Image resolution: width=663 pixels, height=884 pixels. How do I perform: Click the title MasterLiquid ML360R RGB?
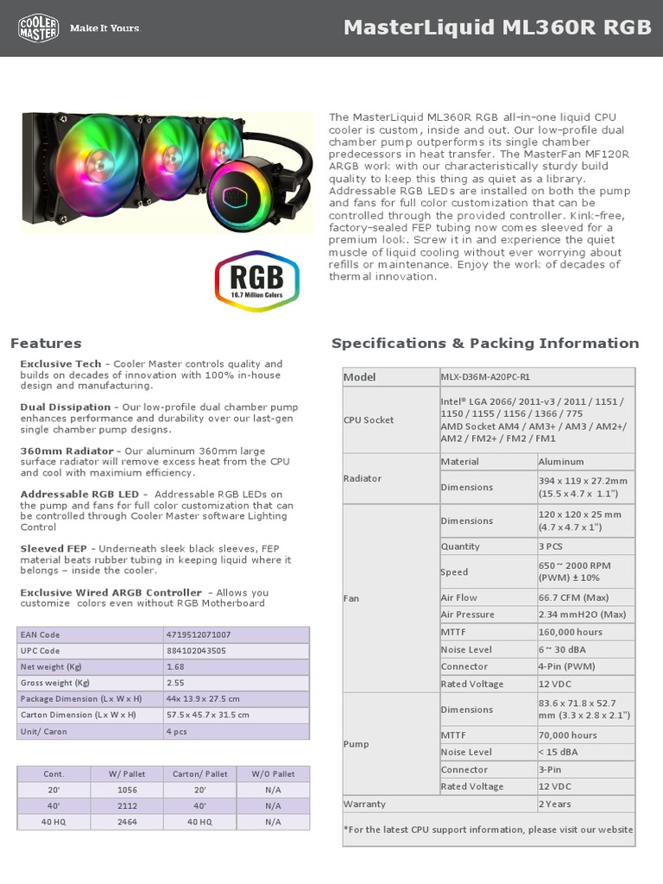(x=497, y=28)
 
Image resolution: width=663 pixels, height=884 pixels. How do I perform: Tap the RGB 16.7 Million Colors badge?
(x=256, y=281)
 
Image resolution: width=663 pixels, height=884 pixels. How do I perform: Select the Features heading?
(x=46, y=344)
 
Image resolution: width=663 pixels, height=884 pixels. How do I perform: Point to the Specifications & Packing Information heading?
(x=485, y=344)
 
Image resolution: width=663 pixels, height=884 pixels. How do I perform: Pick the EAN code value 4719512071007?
(x=198, y=635)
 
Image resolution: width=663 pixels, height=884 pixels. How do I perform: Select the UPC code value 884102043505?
(x=196, y=651)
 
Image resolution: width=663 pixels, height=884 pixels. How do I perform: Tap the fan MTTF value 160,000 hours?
(x=570, y=632)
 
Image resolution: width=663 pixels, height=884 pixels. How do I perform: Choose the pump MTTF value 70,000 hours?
(x=567, y=735)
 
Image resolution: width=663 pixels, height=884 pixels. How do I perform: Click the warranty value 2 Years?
(x=555, y=804)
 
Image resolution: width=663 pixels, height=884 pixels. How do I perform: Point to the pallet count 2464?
(x=127, y=822)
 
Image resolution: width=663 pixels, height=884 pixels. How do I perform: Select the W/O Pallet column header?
(x=274, y=774)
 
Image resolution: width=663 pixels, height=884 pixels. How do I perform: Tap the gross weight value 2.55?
(x=175, y=683)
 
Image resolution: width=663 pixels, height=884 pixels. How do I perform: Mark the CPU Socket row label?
(x=369, y=420)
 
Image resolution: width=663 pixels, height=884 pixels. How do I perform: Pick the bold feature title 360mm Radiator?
(x=66, y=451)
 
